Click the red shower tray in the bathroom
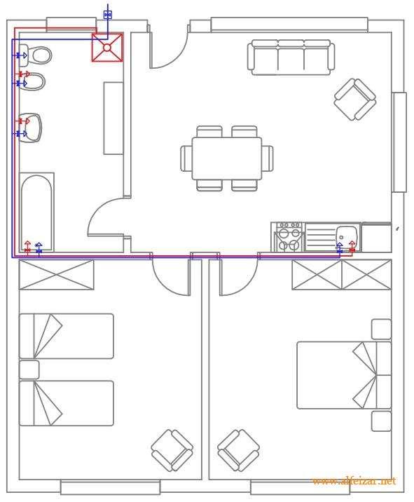107,47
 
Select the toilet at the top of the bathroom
37,55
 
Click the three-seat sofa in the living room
290,57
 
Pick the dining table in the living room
226,158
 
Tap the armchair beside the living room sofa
354,99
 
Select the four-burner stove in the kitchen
289,237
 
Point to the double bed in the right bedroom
343,375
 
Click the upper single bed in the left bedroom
66,336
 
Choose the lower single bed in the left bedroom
66,403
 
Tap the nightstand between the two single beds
29,369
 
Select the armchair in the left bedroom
172,449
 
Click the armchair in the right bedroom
238,449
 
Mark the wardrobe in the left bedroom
56,274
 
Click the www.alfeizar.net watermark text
354,481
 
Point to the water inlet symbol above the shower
107,14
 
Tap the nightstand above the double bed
381,329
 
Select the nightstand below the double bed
381,421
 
